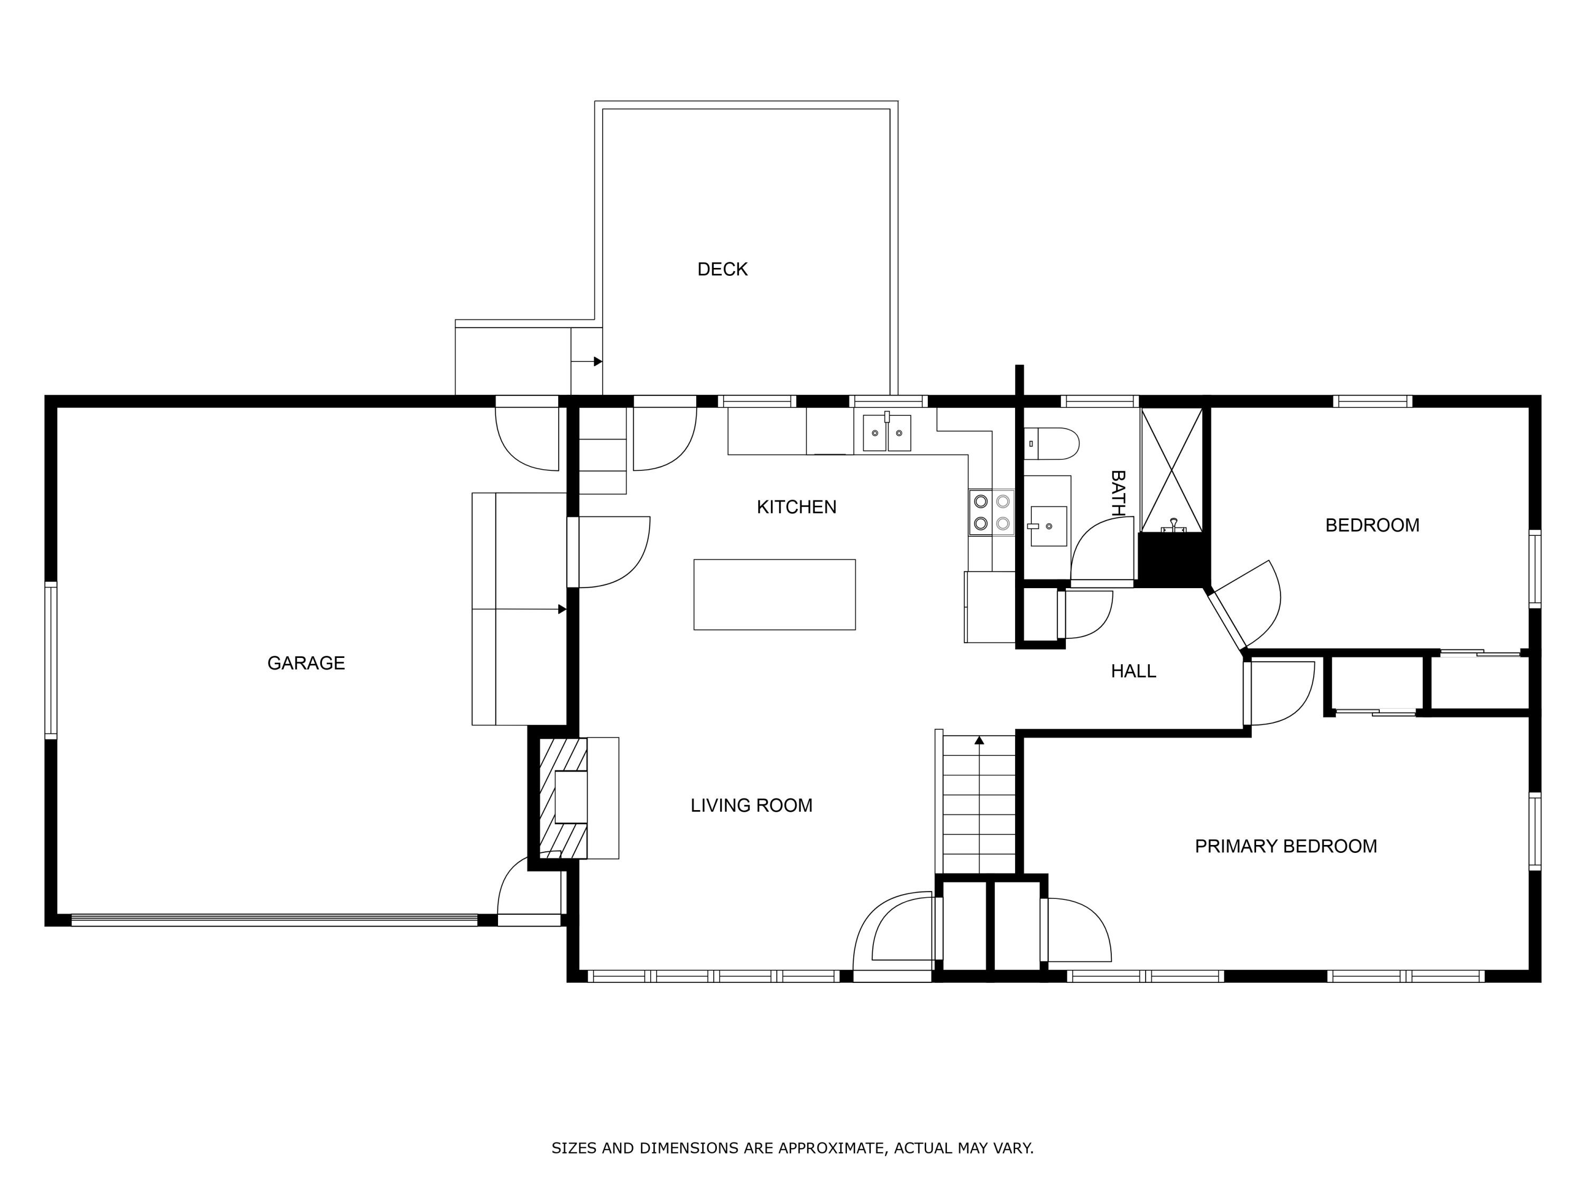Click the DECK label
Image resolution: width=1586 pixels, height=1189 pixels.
pos(722,270)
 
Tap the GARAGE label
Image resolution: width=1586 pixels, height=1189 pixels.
pos(306,664)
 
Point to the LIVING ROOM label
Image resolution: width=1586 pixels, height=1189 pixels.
pos(751,805)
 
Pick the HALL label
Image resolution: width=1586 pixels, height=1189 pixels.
pos(1133,672)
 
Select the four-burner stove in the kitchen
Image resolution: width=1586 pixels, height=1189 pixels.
pos(992,513)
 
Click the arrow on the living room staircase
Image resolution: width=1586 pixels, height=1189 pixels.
pos(980,740)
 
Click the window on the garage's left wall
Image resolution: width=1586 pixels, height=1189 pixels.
pos(51,660)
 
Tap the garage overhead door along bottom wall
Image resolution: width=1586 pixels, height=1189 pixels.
pos(274,919)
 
